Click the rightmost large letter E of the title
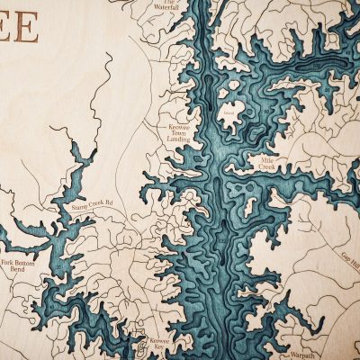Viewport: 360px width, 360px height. coord(27,28)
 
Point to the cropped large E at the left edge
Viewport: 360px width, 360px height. coord(4,28)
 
